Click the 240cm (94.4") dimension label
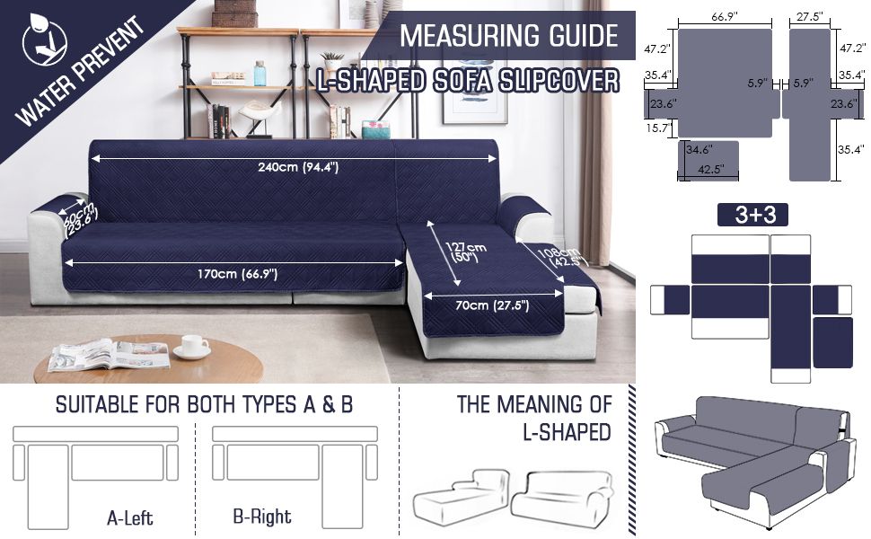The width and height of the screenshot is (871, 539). [298, 167]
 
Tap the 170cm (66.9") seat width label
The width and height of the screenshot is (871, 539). [237, 273]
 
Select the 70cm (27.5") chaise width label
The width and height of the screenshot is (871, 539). [492, 305]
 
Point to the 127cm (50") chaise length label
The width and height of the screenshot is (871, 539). [465, 252]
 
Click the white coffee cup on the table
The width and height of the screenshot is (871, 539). [191, 347]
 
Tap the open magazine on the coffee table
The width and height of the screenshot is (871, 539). [109, 356]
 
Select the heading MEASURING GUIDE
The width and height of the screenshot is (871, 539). [509, 36]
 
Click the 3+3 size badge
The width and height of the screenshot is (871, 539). [752, 215]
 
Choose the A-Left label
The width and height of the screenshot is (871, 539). [130, 517]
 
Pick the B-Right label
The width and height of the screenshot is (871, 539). [262, 517]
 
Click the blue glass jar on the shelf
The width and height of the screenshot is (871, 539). [260, 74]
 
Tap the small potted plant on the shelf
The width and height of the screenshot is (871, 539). [333, 60]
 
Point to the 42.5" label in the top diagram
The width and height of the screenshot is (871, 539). [710, 170]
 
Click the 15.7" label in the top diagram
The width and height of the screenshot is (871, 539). [659, 128]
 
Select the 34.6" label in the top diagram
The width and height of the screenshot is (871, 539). [699, 149]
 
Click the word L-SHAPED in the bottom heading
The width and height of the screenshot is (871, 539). [567, 432]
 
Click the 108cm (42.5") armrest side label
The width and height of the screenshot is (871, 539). [561, 256]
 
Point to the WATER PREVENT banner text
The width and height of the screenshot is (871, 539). [79, 71]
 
